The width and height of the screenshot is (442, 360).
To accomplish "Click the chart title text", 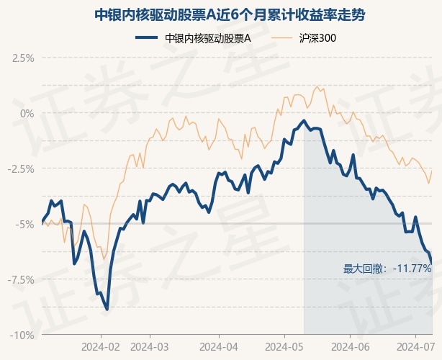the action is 230,15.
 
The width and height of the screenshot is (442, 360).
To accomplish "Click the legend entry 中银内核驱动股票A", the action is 208,38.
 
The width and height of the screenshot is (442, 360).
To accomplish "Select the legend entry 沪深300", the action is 317,38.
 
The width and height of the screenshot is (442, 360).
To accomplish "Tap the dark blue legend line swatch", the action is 146,37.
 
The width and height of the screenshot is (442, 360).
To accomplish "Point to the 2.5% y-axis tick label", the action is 23,58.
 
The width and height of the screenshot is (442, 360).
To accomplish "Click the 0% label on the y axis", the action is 27,114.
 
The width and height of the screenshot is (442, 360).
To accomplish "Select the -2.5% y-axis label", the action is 21,169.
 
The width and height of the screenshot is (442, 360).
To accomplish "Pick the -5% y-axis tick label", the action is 24,225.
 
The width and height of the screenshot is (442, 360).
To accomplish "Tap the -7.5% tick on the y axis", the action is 21,280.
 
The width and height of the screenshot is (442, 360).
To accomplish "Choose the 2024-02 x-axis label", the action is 101,347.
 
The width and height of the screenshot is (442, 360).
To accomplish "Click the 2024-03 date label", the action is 150,347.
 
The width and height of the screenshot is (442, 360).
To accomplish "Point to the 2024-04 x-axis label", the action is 219,347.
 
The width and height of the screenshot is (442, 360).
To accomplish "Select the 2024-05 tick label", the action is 284,347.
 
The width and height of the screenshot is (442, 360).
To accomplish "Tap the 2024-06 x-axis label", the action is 350,347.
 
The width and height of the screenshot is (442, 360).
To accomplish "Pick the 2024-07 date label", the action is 415,347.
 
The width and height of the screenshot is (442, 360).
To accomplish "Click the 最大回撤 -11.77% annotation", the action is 387,269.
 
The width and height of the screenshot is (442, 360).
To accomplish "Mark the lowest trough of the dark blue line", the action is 107,310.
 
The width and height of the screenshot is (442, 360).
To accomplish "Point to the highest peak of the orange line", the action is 317,87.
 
